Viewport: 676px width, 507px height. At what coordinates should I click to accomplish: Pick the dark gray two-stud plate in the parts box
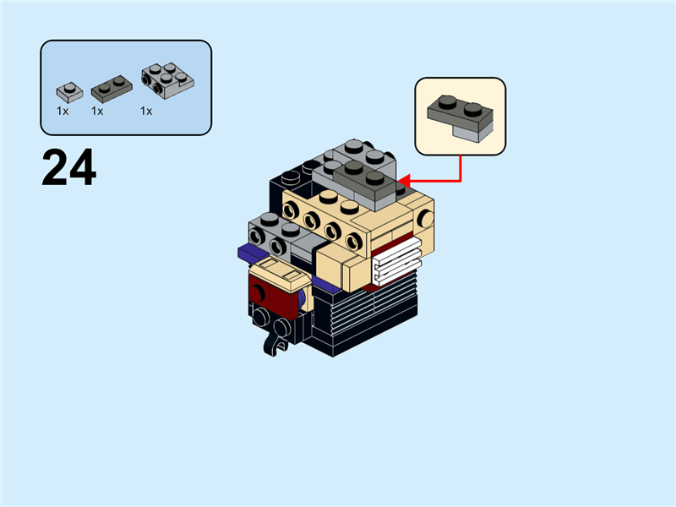pyautogui.click(x=112, y=88)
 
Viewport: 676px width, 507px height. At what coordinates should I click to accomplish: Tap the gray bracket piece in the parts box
pyautogui.click(x=166, y=81)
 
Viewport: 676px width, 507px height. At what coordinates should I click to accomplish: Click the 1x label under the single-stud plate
pyautogui.click(x=63, y=111)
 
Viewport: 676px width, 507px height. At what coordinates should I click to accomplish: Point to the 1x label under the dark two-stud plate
pyautogui.click(x=97, y=111)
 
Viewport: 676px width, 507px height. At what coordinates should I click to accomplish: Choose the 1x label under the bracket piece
pyautogui.click(x=146, y=111)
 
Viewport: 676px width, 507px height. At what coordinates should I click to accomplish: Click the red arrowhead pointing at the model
pyautogui.click(x=403, y=180)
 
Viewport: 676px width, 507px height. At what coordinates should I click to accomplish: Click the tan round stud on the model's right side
pyautogui.click(x=424, y=219)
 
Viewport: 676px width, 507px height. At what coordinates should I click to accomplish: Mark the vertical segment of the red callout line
pyautogui.click(x=461, y=167)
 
